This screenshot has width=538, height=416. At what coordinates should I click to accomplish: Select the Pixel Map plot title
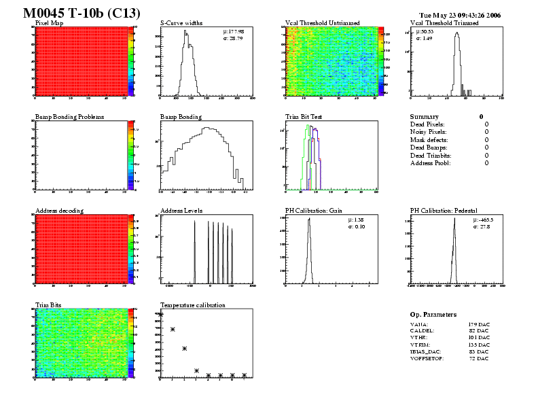click(49, 23)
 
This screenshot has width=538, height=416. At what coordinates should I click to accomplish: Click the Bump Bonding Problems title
click(69, 117)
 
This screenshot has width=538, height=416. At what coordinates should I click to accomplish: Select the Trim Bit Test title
click(304, 117)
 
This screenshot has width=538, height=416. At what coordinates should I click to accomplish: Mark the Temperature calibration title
click(192, 305)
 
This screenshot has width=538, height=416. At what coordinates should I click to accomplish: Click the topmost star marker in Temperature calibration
click(161, 315)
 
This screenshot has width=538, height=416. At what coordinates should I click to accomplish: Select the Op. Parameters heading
click(433, 315)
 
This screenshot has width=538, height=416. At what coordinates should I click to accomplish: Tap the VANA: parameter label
click(418, 324)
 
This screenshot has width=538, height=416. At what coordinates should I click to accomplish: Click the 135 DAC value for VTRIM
click(478, 345)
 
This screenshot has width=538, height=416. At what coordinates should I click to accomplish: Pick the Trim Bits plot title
click(48, 305)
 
